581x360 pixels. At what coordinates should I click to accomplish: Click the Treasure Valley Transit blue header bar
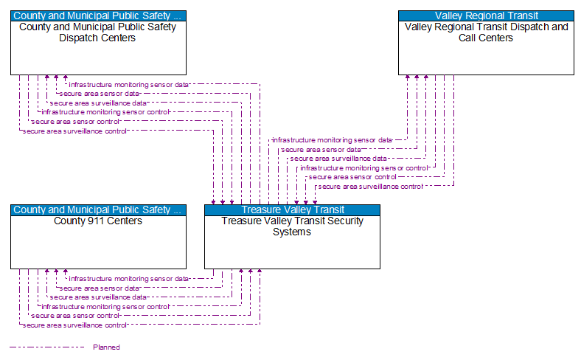(x=292, y=210)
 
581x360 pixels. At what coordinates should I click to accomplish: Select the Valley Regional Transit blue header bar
(x=486, y=15)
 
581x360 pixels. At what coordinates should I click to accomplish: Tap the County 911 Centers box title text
(x=98, y=221)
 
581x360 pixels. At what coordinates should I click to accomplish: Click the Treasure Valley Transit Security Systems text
(x=292, y=226)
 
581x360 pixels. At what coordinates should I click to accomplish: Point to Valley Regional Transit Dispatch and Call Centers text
(x=486, y=32)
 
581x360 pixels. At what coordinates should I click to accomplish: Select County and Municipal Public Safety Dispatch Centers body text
(x=98, y=32)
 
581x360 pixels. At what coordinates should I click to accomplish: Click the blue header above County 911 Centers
(x=98, y=210)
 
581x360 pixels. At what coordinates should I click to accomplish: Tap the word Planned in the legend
(x=106, y=347)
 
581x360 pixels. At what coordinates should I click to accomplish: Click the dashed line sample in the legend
(x=46, y=347)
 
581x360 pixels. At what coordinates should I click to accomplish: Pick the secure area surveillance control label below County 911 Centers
(x=75, y=325)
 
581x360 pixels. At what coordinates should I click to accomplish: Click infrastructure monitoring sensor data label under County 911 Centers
(x=129, y=279)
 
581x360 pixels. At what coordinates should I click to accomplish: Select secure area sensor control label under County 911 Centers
(x=75, y=316)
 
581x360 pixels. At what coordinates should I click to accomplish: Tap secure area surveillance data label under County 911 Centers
(x=98, y=297)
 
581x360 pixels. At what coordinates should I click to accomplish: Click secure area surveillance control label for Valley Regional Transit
(x=370, y=187)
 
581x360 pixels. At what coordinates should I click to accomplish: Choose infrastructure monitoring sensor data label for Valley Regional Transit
(x=333, y=139)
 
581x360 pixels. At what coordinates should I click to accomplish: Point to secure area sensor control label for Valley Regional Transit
(x=352, y=177)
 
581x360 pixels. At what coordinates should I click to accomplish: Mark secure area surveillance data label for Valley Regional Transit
(x=338, y=158)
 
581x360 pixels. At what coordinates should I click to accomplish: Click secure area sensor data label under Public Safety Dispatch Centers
(x=99, y=94)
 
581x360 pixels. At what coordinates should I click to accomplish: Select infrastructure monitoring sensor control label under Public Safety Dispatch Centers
(x=105, y=112)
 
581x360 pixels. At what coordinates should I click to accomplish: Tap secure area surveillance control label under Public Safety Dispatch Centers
(x=75, y=131)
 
